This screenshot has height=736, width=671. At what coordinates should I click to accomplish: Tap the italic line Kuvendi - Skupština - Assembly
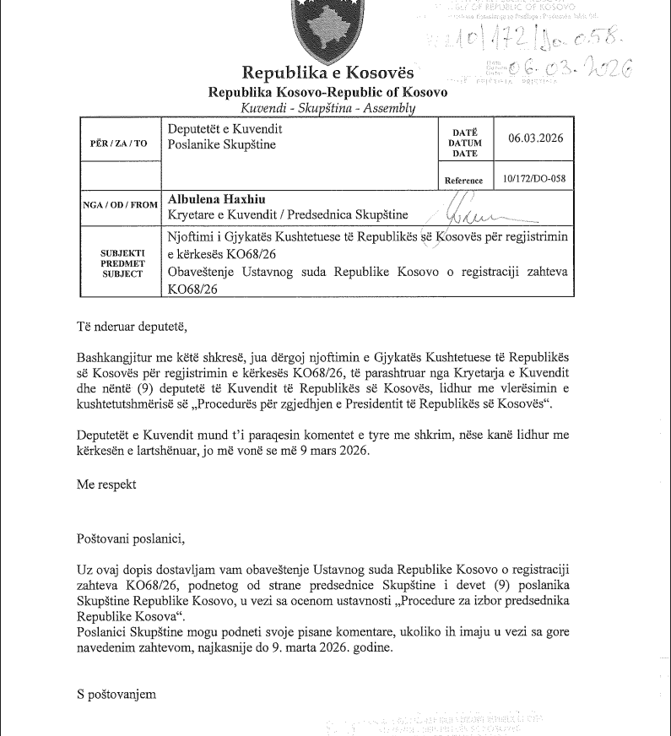(x=327, y=109)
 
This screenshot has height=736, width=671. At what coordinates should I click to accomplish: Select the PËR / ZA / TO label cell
(x=117, y=143)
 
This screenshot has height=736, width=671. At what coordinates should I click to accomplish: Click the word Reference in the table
(x=463, y=181)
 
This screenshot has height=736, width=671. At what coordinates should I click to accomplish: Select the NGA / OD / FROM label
(x=121, y=204)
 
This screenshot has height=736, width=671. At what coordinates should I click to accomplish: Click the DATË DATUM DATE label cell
(x=465, y=143)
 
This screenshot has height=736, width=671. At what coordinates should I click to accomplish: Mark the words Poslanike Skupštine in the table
(x=222, y=144)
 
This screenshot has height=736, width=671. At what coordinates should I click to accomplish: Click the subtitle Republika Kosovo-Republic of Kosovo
(x=328, y=92)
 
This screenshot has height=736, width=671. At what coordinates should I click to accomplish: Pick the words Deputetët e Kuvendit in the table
(x=225, y=129)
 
